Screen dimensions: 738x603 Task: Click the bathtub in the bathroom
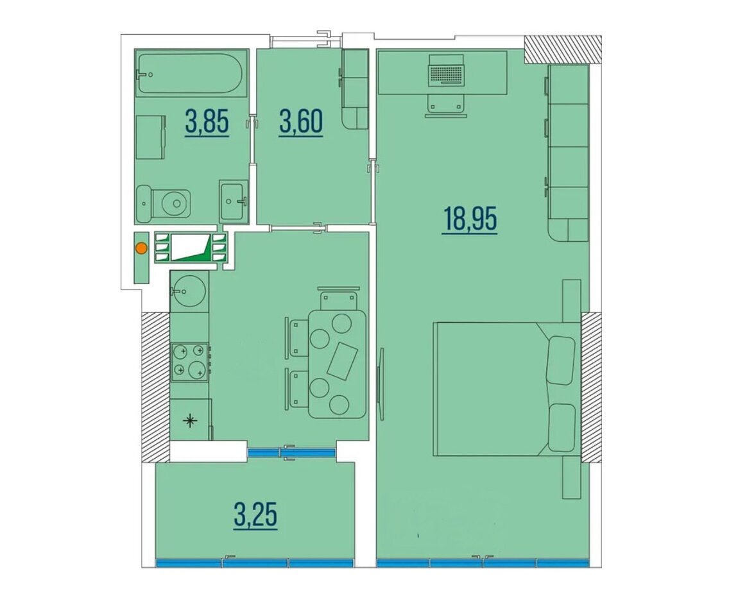click(x=191, y=73)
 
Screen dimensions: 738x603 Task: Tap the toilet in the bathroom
click(x=163, y=203)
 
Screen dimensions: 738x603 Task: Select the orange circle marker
click(x=141, y=248)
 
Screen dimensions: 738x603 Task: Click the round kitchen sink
click(x=188, y=290)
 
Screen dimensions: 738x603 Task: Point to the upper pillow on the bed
click(x=561, y=359)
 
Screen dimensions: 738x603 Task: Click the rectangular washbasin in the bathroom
click(x=232, y=201)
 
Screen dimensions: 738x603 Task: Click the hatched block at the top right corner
click(x=562, y=49)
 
